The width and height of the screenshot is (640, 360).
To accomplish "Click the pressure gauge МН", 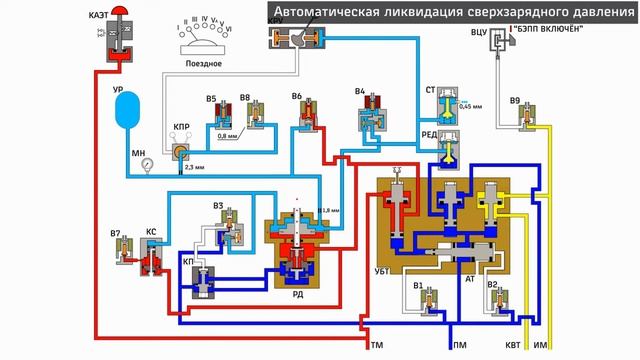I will coord(147,160).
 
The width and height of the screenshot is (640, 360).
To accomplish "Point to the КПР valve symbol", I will coord(181,150).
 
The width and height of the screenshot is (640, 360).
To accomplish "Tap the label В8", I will coord(244,98).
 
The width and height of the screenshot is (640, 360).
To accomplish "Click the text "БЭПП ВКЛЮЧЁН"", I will coord(548,28).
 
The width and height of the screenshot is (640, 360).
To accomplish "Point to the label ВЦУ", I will coord(480,34).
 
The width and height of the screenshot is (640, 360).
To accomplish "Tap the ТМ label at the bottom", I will coord(377,345).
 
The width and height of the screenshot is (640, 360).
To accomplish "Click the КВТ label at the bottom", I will coord(512,345).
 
